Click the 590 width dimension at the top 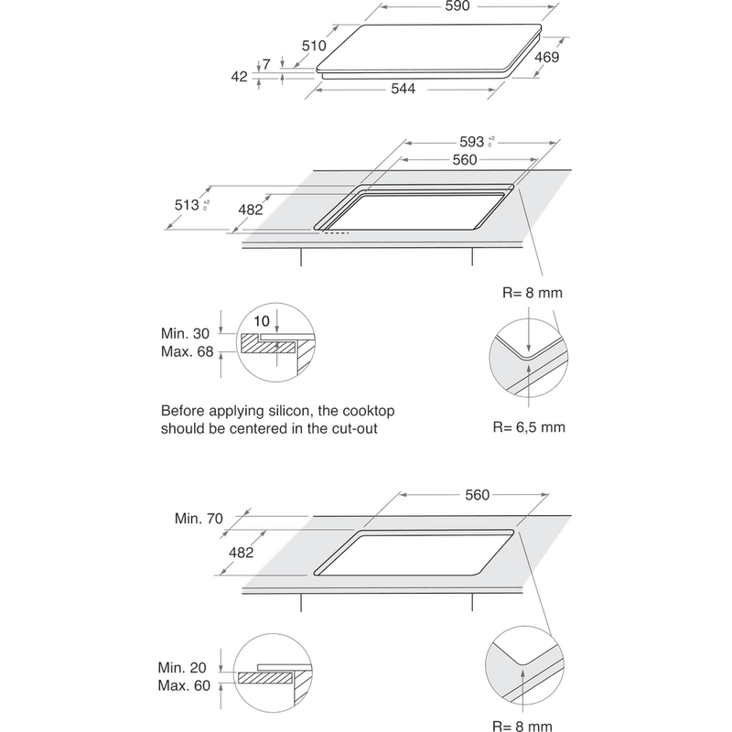click(457, 7)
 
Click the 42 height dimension click(240, 78)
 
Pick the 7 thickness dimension click(265, 64)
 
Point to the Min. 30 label click(185, 336)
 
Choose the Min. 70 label click(199, 519)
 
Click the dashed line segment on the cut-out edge click(335, 232)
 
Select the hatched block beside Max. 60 click(264, 679)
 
